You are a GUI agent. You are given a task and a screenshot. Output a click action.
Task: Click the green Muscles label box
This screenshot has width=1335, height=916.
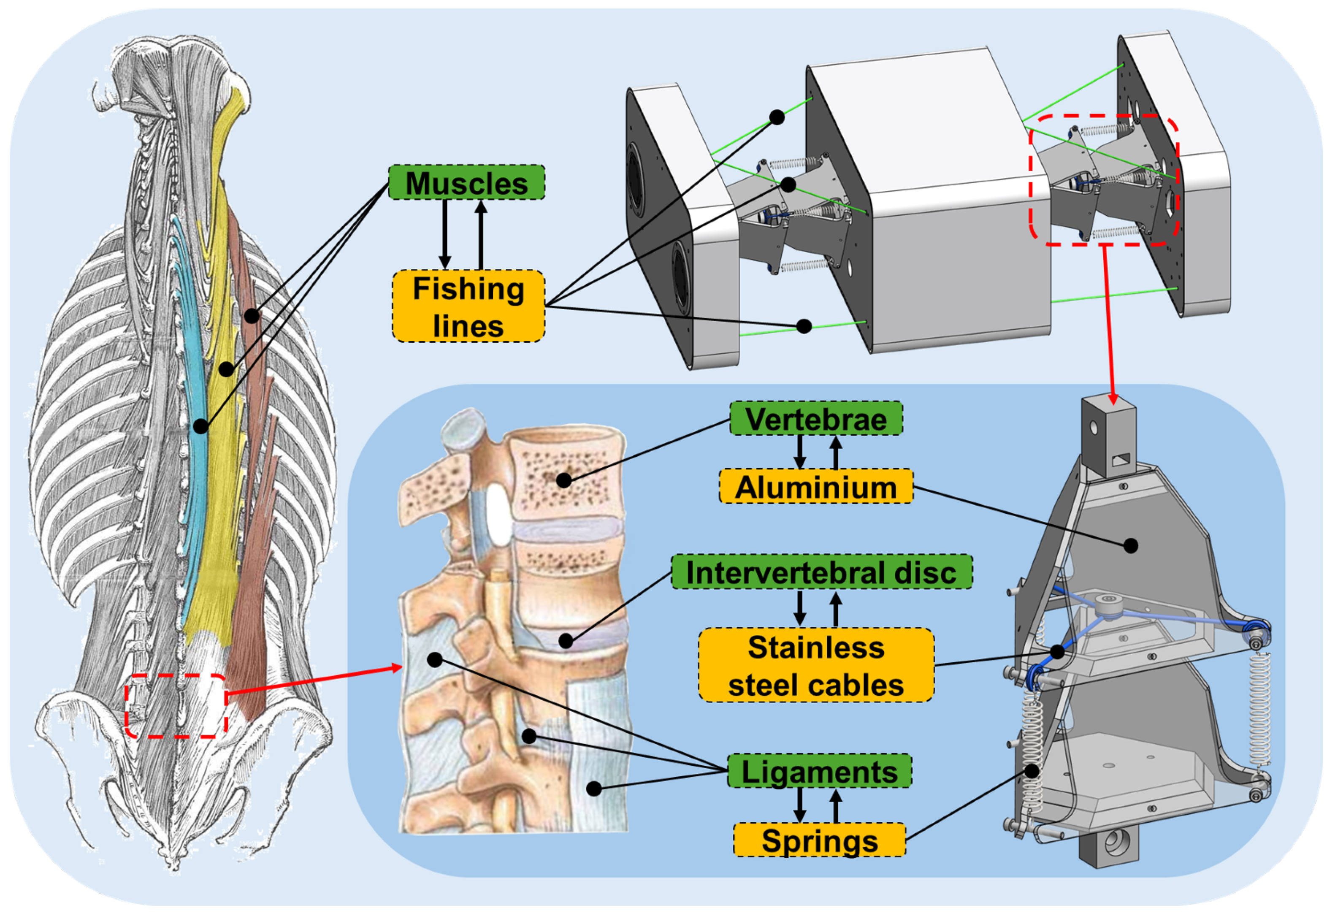(466, 183)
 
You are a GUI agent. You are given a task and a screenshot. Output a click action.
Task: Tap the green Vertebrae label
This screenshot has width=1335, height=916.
(816, 418)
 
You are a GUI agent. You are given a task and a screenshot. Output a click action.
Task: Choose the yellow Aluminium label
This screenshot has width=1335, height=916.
(816, 487)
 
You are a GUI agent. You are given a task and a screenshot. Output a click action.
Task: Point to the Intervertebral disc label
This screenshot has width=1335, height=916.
(821, 572)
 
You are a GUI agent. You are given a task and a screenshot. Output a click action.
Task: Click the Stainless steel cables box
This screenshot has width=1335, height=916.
(816, 665)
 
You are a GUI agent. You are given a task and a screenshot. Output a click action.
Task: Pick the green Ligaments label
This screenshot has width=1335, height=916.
(819, 771)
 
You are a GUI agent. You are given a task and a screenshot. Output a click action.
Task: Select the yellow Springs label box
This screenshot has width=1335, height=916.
(819, 840)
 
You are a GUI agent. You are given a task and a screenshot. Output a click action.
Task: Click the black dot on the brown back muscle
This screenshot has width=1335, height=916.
(252, 315)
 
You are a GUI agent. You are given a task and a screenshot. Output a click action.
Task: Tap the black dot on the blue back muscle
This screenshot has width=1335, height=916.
(200, 426)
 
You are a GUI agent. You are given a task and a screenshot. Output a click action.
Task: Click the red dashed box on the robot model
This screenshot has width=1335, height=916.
(1104, 180)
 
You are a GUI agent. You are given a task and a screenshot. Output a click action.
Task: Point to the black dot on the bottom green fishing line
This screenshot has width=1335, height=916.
(804, 326)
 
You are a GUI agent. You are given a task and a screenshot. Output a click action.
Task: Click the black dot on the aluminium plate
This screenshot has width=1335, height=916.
(1130, 545)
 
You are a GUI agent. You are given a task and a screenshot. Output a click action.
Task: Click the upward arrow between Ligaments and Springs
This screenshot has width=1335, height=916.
(836, 806)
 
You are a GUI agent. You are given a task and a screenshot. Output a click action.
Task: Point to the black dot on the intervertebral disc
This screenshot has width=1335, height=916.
(566, 640)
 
